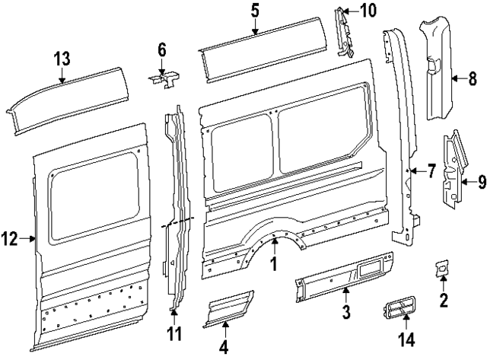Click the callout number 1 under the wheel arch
274,266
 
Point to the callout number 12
8,239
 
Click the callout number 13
61,58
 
